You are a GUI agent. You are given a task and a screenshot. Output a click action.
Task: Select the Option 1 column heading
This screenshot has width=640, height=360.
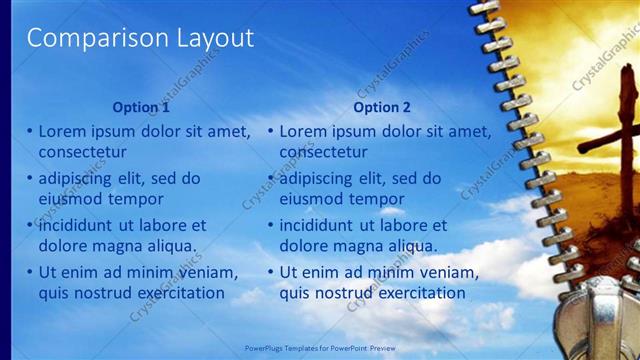click(141, 107)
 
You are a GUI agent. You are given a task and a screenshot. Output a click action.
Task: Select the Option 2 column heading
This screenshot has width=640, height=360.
click(382, 107)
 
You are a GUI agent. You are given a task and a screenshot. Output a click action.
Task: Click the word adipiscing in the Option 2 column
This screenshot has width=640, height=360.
click(321, 178)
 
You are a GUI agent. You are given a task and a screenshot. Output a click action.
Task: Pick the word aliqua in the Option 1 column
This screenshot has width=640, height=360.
click(169, 245)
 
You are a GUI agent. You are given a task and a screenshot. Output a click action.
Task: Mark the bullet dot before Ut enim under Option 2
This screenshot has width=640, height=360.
click(270, 272)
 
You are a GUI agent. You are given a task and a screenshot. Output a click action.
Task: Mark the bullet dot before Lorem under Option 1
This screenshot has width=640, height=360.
click(29, 131)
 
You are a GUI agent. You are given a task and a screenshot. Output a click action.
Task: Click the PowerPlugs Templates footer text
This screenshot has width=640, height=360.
click(319, 348)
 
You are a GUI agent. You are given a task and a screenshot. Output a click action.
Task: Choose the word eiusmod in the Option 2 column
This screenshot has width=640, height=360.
click(311, 198)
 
